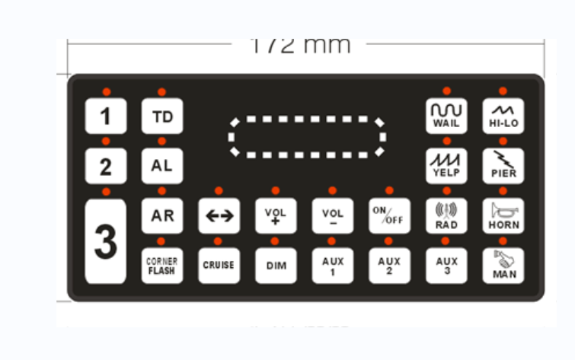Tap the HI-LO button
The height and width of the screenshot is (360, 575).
tap(503, 116)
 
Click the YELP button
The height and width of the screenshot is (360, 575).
tap(446, 166)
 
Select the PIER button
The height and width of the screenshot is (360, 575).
tap(503, 166)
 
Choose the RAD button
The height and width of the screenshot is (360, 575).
tap(446, 216)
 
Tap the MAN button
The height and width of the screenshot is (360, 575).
tap(503, 266)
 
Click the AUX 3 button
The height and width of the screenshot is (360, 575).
tap(446, 266)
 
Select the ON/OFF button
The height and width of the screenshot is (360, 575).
tap(389, 216)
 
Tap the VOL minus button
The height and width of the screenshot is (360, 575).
tap(332, 216)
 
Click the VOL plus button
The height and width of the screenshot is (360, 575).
tap(275, 216)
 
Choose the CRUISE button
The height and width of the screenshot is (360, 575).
tap(219, 266)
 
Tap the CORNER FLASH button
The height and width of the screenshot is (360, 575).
tap(161, 266)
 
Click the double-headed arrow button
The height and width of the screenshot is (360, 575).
tap(219, 216)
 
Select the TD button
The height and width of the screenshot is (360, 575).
tap(161, 116)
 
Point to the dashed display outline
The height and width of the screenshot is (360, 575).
tap(307, 137)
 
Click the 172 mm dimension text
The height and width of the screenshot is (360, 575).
tap(301, 45)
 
